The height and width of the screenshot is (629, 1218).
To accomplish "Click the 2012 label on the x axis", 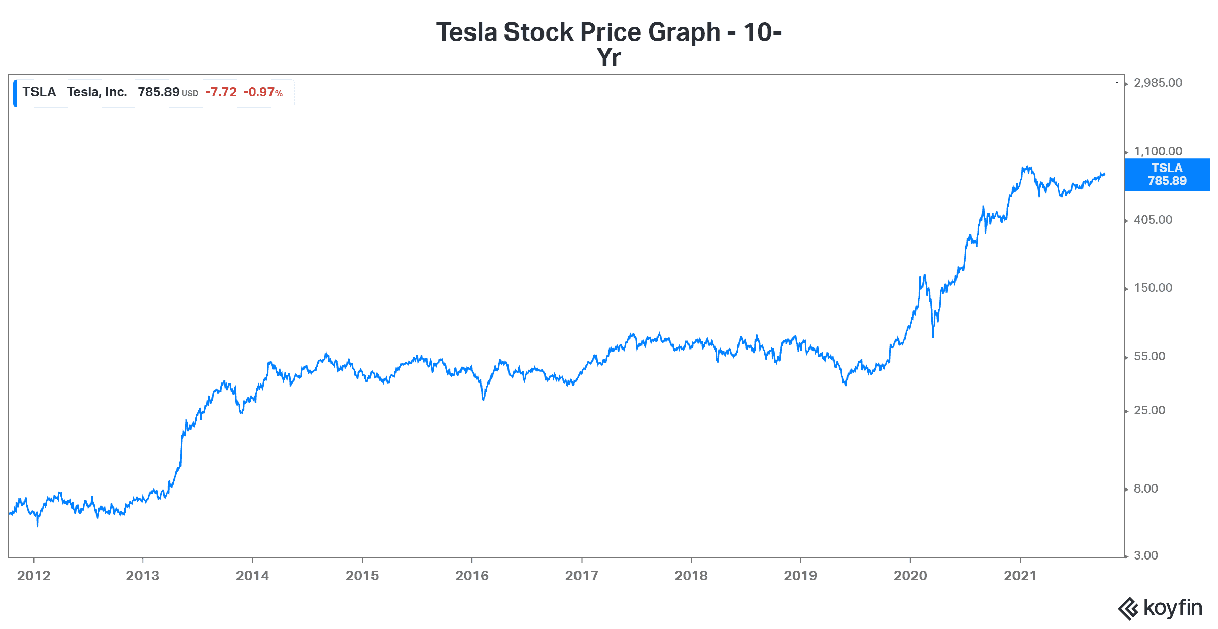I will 33,575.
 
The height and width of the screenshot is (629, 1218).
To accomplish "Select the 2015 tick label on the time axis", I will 362,575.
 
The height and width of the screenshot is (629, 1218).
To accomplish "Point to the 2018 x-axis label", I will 691,575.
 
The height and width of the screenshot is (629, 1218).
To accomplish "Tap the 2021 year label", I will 1020,575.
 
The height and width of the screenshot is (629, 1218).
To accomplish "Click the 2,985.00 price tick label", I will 1158,83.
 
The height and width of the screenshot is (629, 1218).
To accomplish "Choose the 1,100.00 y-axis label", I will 1158,151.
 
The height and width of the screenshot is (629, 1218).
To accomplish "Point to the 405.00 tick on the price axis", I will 1153,220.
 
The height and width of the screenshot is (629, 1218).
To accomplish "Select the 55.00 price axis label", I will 1149,356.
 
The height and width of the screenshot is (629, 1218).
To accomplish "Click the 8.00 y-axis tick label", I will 1145,488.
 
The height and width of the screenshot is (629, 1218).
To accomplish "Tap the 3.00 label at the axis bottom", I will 1145,555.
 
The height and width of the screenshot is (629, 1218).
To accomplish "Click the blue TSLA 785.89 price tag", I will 1167,174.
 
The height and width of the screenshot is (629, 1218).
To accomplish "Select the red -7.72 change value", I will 221,92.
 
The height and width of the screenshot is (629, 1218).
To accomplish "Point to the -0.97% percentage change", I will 262,92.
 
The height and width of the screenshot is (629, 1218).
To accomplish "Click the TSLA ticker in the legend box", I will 39,92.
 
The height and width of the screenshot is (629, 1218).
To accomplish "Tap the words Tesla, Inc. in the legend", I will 96,92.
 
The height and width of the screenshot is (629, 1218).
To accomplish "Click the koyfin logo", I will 1160,608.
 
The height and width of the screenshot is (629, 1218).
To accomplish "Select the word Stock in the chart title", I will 538,32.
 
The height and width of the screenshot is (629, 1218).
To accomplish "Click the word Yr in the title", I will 608,57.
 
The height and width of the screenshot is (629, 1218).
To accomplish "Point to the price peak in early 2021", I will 1027,168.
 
